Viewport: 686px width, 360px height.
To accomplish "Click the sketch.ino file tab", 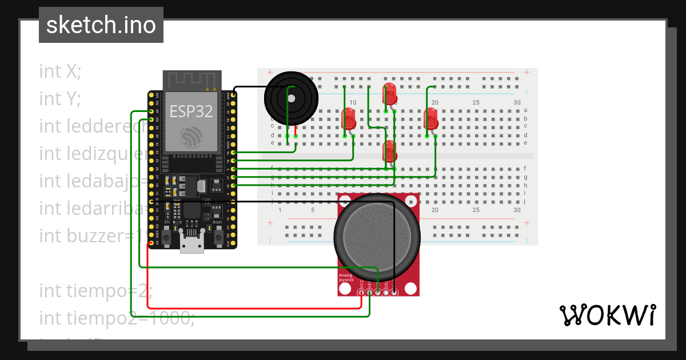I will (x=101, y=25).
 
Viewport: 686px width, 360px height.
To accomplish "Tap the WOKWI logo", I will (x=607, y=315).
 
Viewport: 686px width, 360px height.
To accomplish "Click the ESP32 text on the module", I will (x=191, y=111).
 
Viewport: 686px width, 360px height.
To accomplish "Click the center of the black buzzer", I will (x=290, y=98).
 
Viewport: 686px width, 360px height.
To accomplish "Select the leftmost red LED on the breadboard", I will (x=348, y=119).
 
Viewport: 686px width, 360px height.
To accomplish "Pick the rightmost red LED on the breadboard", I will (x=431, y=119).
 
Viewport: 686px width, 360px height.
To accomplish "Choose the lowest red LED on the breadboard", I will (x=390, y=151).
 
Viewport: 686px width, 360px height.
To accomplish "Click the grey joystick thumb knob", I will (x=377, y=235).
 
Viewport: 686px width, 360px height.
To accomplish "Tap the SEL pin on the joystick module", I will (x=386, y=293).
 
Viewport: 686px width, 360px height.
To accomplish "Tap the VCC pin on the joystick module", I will (x=361, y=293).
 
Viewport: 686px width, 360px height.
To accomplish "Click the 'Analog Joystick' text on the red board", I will (x=346, y=278).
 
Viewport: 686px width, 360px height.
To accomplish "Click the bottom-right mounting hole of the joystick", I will (x=410, y=289).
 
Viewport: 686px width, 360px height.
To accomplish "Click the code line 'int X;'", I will (x=60, y=71).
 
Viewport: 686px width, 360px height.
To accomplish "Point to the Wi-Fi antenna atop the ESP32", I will (x=192, y=81).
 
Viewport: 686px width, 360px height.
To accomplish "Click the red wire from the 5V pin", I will (x=252, y=308).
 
